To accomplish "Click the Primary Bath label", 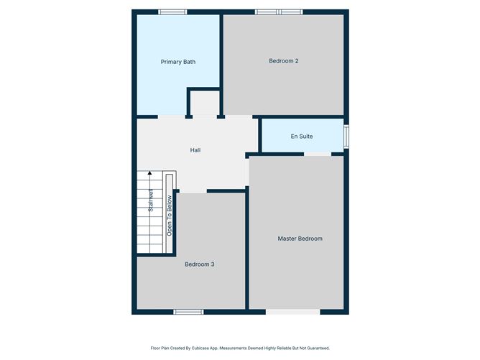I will click(177, 62).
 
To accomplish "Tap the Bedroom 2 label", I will click(283, 61).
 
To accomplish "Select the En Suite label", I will click(302, 136).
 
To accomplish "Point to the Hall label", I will click(195, 150).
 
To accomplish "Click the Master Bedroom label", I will click(300, 239).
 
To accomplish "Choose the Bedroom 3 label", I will click(199, 264).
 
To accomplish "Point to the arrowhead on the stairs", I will click(150, 173).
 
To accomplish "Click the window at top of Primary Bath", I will click(172, 11).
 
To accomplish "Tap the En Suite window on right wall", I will click(346, 136).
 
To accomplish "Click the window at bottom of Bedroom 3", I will click(188, 312).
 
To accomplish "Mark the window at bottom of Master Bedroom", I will click(292, 312).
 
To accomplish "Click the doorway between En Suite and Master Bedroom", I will click(318, 154).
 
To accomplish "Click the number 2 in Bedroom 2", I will click(297, 61).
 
